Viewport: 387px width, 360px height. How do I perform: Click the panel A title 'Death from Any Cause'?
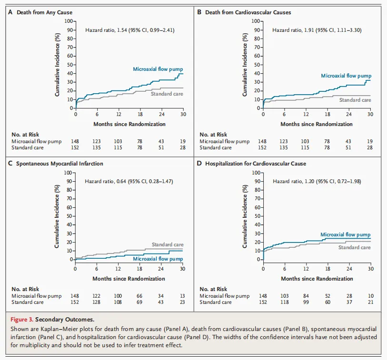(x=40, y=11)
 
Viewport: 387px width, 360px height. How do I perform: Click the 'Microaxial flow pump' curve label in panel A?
(x=158, y=69)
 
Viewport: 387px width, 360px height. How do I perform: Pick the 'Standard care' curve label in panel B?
(x=355, y=100)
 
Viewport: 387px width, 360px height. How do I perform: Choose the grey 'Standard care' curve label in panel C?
(x=168, y=244)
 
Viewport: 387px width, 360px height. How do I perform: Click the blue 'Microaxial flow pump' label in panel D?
(x=345, y=234)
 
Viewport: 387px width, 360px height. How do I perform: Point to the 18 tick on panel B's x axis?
(x=327, y=114)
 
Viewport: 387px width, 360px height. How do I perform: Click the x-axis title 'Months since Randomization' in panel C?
(x=129, y=278)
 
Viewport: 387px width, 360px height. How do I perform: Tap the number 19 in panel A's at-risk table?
(x=183, y=141)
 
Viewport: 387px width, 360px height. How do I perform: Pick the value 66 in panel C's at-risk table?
(x=140, y=296)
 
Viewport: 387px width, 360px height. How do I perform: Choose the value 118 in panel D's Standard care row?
(x=285, y=302)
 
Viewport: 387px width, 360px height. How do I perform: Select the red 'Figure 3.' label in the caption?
(x=21, y=319)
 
